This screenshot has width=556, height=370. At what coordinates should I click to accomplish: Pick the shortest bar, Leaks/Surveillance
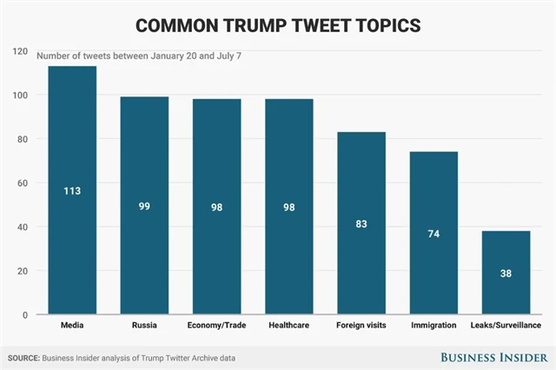506,287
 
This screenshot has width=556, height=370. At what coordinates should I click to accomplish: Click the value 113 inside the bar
72,190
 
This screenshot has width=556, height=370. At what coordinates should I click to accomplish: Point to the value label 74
434,234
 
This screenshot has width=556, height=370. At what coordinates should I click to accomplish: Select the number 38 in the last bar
506,273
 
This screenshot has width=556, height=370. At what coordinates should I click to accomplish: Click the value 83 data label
361,223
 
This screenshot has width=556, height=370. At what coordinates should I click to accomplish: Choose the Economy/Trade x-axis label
216,327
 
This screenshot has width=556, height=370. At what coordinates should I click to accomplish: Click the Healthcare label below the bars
288,327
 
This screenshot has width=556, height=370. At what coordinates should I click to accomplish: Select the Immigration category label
434,327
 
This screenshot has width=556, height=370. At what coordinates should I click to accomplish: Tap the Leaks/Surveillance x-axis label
506,327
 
